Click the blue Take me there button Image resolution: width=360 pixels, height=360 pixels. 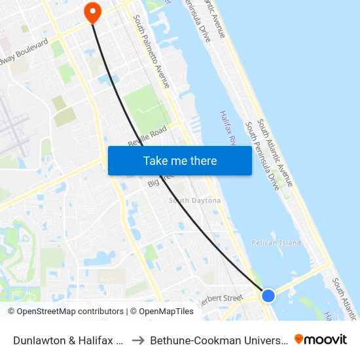coord(179,160)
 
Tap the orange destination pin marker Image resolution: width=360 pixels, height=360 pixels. coord(92,12)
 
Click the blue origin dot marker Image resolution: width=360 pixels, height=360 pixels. coord(268,295)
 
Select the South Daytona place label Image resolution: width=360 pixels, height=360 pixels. coord(194,200)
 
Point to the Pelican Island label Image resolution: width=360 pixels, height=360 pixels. coord(276,243)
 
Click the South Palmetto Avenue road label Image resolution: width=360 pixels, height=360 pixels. coord(151,52)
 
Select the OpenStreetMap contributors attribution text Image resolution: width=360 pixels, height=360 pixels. coord(65,312)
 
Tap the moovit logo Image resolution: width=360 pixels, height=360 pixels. coord(320,339)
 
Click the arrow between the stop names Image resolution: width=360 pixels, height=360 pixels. coord(137,340)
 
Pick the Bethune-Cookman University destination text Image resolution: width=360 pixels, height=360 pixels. coord(218,340)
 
